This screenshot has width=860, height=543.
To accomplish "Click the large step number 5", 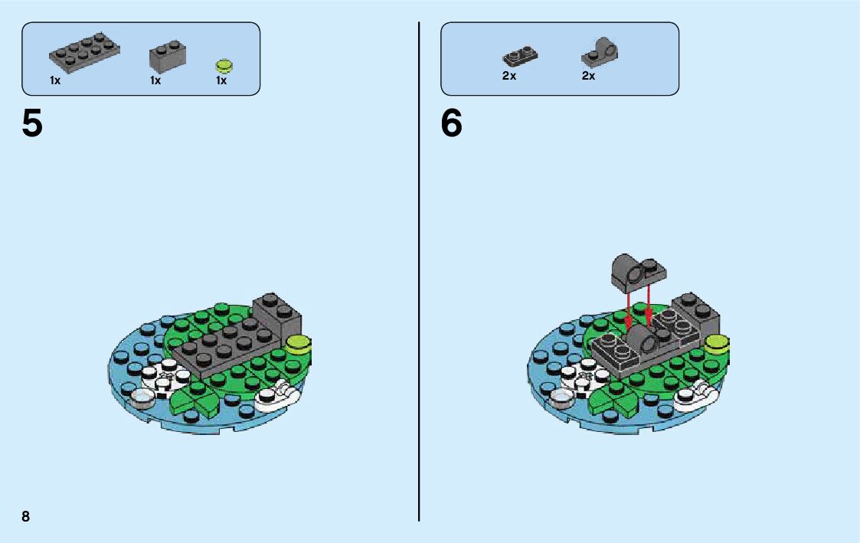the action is coord(32,123).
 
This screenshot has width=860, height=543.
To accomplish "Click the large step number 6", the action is coord(452,123).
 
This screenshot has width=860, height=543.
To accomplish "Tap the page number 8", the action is coord(26,515).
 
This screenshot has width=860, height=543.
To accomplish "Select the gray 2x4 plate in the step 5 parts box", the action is coord(84,51).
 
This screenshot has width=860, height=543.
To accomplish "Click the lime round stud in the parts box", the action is coord(224,64).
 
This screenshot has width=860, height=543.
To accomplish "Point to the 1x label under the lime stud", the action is coord(221,80).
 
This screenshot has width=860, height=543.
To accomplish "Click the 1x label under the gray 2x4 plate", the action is coord(55,80).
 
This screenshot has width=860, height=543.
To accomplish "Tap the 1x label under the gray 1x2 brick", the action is coord(155,80).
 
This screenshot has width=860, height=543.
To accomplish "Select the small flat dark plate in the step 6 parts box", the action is coord(521,56).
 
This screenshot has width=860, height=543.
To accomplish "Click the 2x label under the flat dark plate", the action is coord(509,76).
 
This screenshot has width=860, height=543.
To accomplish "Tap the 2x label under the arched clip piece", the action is coord(588,76).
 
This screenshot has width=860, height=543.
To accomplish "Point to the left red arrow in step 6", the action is coord(628,309).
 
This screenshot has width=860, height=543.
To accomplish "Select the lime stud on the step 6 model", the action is coord(717,343).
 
